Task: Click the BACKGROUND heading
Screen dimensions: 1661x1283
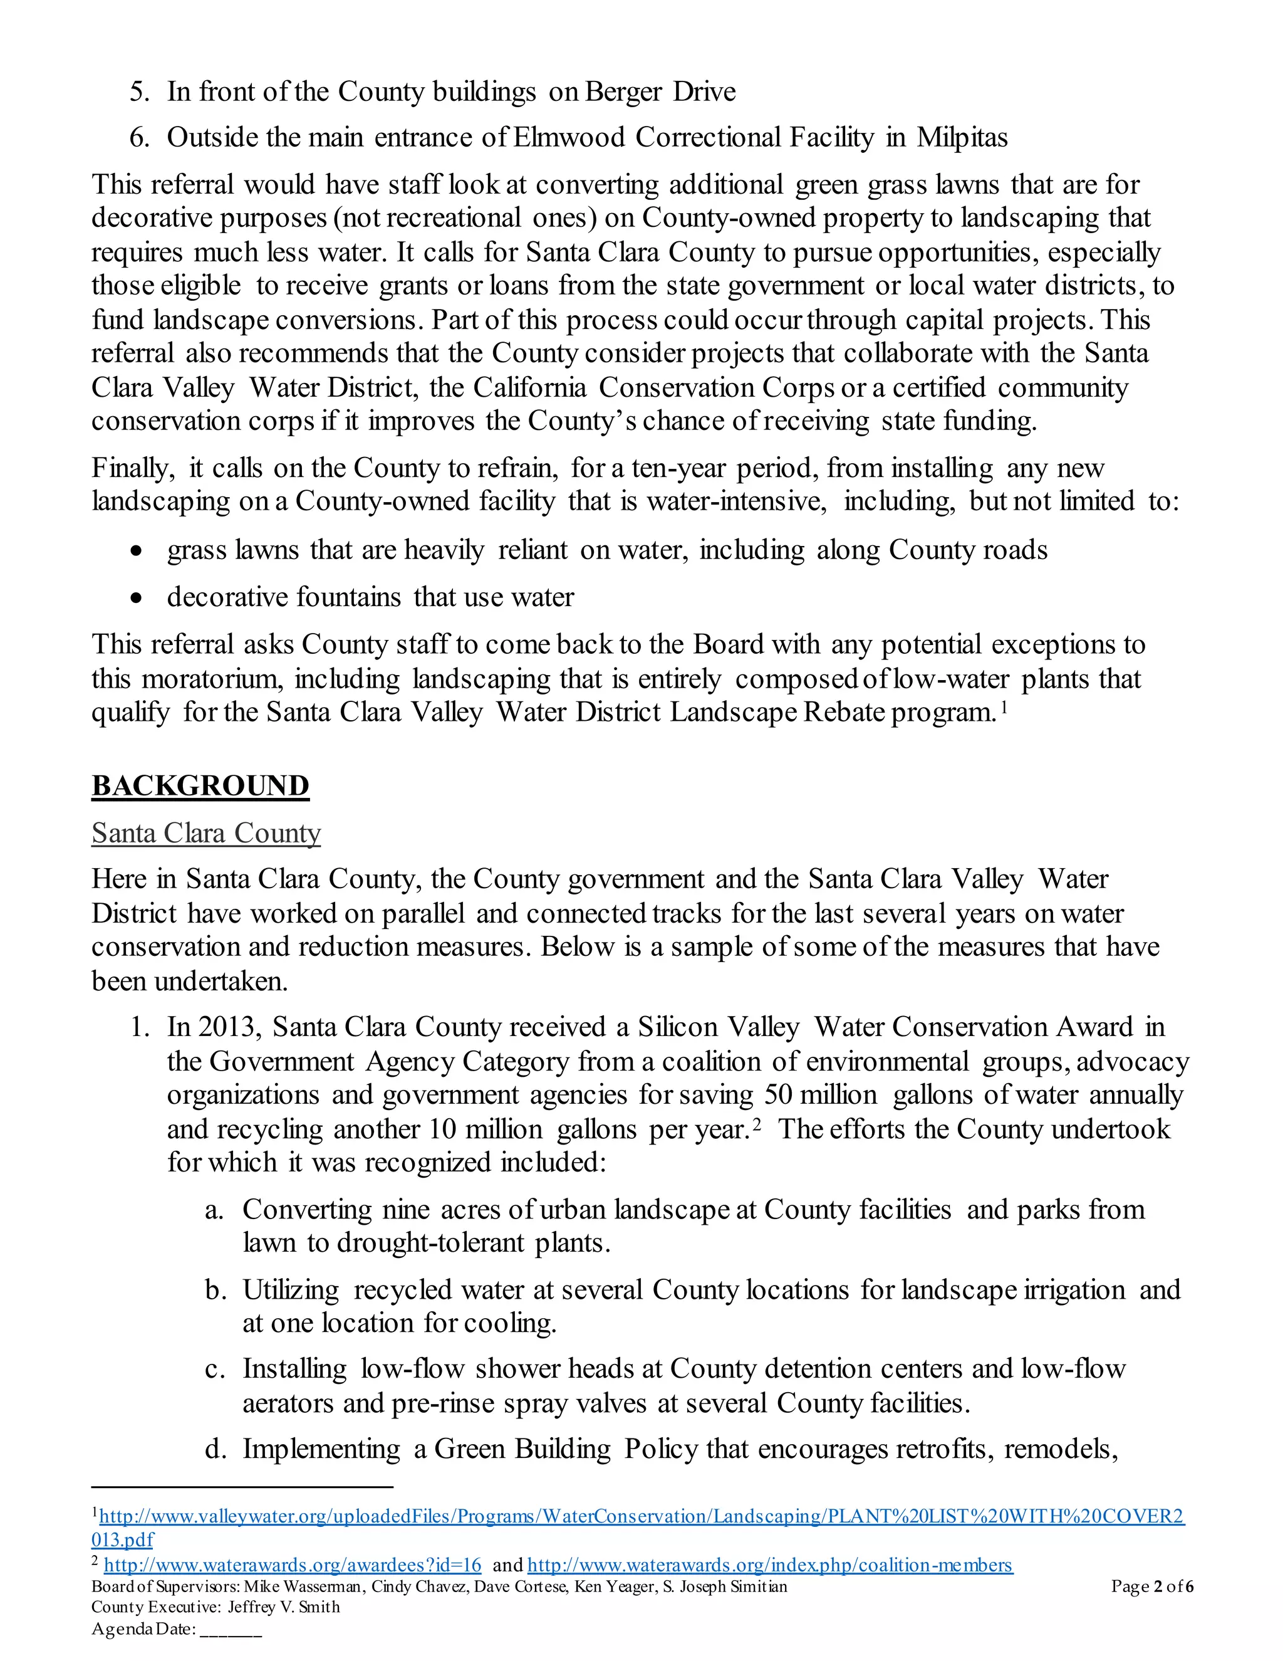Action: (200, 785)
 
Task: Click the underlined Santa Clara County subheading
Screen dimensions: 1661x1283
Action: (206, 833)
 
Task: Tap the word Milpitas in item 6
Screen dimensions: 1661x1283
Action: (962, 138)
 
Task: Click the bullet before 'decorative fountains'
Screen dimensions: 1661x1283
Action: (136, 599)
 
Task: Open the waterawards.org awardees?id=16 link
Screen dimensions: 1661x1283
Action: (293, 1565)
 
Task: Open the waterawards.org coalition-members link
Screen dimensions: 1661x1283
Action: (769, 1565)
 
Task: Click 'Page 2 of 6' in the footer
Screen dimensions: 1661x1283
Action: (1151, 1586)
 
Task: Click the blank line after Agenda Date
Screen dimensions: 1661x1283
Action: (231, 1629)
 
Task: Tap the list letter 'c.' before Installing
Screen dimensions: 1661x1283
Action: (215, 1369)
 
